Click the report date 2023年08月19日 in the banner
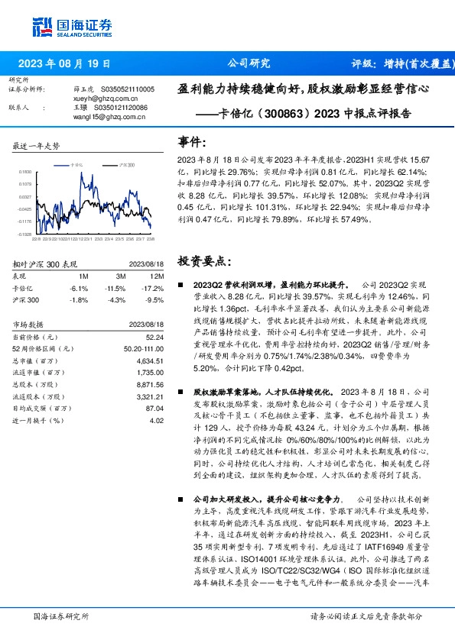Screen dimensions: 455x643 [x=63, y=63]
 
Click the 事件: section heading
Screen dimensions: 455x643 [x=192, y=142]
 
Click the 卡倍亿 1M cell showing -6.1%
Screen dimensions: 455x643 [x=83, y=288]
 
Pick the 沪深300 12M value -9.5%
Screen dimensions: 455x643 [x=154, y=300]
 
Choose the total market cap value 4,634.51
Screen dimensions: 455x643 [x=149, y=360]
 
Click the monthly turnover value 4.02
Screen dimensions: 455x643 [x=157, y=420]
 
